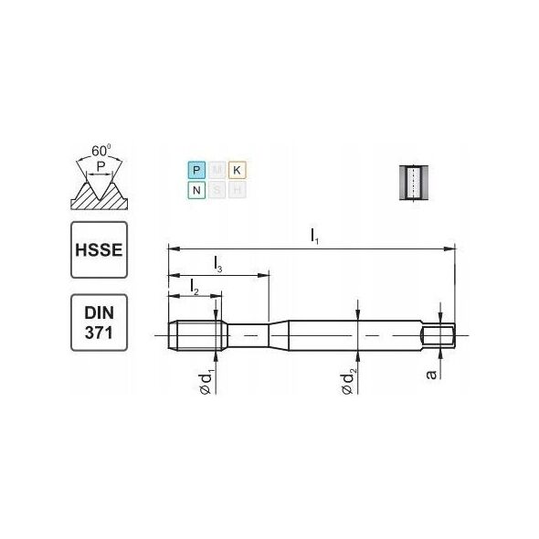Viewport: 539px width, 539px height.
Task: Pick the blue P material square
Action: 196,171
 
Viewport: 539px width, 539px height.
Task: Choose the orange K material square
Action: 237,171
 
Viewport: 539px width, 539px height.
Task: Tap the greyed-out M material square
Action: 217,171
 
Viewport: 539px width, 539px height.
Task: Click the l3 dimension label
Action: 217,264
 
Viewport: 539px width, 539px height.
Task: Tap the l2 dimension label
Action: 195,287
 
